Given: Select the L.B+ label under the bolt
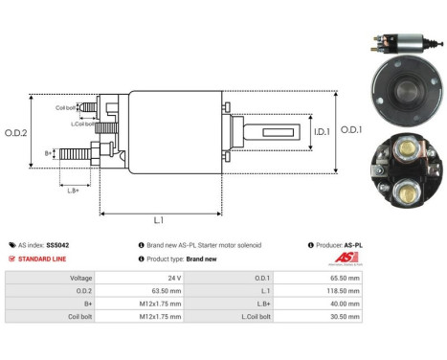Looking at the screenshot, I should point(74,191).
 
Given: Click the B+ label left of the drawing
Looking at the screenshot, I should point(50,152).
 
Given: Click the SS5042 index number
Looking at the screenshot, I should point(57,245).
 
